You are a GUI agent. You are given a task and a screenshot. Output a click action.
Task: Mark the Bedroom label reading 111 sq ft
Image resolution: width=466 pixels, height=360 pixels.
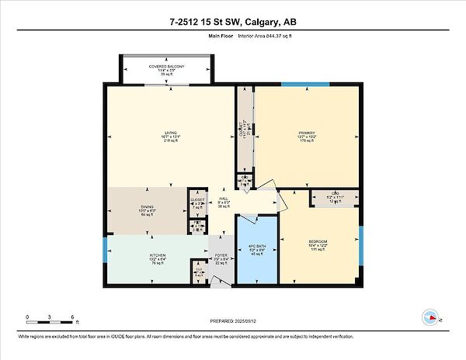(x=317, y=246)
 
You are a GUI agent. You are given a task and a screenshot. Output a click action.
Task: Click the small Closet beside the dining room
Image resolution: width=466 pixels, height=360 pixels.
(x=197, y=202)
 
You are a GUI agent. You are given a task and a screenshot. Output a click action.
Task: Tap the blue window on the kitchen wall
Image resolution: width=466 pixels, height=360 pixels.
(x=105, y=250)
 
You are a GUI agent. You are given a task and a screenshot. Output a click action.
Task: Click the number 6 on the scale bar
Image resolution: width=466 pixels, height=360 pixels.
(x=72, y=318)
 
